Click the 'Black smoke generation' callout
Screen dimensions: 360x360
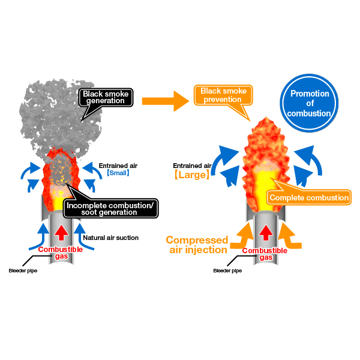[106, 98]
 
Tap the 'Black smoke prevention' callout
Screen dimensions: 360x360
[223, 95]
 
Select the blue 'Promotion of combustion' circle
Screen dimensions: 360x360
[309, 103]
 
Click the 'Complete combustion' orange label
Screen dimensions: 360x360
[309, 197]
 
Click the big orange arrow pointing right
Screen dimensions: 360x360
[166, 101]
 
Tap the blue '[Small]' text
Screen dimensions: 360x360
[118, 173]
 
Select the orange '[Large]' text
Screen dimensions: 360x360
[192, 175]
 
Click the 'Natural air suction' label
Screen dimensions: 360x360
[110, 238]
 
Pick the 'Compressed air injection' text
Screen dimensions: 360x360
[197, 245]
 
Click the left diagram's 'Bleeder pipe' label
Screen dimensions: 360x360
[23, 271]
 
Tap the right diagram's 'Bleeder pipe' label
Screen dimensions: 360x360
[227, 271]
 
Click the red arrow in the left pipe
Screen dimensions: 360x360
[61, 233]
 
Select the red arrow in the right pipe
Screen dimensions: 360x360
[266, 233]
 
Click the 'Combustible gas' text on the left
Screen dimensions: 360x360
[61, 253]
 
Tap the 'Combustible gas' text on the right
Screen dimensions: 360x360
[265, 254]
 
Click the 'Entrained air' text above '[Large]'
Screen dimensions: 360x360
[192, 166]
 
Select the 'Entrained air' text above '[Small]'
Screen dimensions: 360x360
[118, 166]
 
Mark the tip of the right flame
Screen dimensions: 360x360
[266, 117]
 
